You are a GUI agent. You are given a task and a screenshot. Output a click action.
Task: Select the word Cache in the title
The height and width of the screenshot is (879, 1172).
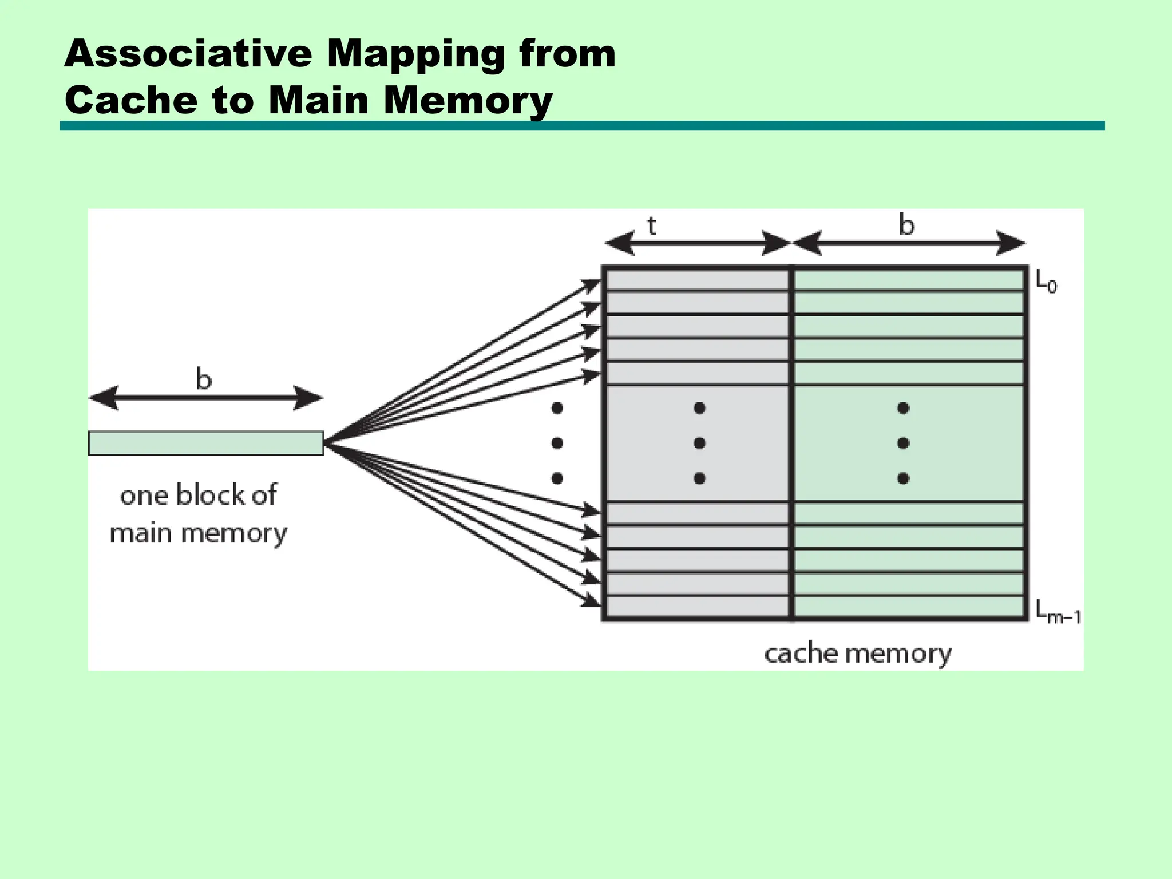coord(130,100)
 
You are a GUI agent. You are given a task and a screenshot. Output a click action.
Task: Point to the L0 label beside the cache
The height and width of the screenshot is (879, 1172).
coord(1047,282)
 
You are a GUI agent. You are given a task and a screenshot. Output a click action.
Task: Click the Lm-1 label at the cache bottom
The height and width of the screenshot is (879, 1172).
coord(1058,612)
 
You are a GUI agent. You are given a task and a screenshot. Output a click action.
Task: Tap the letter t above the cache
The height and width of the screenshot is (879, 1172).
coord(651,225)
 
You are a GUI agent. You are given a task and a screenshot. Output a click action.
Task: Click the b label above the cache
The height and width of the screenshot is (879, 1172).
coord(906,224)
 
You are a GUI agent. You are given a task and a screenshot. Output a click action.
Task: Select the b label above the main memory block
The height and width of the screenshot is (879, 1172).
coord(204,378)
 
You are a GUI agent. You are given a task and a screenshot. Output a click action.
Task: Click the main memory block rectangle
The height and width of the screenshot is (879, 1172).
coord(206,444)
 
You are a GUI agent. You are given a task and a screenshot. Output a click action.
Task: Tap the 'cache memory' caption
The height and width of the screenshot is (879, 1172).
coord(858,654)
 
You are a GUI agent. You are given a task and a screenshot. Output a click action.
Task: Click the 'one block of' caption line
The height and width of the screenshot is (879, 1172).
coord(199,495)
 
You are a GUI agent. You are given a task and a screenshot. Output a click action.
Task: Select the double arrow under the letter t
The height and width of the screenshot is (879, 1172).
coord(698,243)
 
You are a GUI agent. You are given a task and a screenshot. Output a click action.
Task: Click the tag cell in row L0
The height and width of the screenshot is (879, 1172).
coord(698,280)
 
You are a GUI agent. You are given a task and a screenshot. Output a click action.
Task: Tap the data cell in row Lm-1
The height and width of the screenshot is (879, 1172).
coord(909,607)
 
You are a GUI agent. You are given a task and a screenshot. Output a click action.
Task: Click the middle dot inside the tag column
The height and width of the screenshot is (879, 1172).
coord(699,443)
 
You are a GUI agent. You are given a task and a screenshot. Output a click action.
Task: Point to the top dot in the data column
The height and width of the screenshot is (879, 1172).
coord(904,408)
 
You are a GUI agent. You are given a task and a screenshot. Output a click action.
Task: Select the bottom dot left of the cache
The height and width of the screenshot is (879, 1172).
coord(557,478)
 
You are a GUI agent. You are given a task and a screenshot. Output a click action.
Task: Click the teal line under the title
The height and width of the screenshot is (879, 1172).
coord(583,126)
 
